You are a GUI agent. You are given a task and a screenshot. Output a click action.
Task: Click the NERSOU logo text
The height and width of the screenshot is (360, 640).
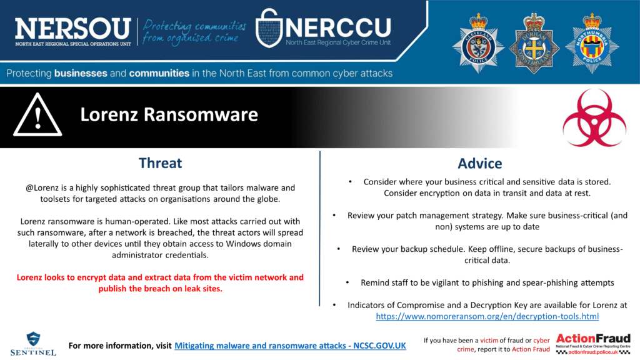pos(73,29)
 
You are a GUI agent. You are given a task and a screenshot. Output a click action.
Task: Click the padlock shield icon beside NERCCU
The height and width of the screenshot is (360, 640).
pos(269,27)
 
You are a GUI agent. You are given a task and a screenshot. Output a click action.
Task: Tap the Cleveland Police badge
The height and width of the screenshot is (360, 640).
pos(478,44)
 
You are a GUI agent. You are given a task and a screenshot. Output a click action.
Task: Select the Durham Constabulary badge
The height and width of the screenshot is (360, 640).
pos(534,44)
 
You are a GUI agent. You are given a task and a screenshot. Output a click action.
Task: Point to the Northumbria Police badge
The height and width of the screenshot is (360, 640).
pos(592,44)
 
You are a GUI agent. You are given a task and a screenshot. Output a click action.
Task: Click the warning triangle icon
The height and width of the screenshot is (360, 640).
pos(37,115)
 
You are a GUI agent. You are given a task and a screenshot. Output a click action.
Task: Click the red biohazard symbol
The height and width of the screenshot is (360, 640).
pos(594,118)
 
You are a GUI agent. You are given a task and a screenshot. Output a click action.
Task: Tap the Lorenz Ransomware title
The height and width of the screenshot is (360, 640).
pos(169,115)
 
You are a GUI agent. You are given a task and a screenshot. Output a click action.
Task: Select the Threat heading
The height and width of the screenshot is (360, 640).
pos(160,163)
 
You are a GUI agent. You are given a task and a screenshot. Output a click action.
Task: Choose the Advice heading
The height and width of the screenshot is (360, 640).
pos(479,163)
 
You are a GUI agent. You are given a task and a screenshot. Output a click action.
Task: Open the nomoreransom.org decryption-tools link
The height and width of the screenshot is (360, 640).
pos(487,316)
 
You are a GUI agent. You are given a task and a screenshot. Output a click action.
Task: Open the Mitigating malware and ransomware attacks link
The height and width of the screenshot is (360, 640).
pos(290,346)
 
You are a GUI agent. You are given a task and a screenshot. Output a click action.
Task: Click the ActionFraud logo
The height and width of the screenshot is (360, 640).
pos(593,344)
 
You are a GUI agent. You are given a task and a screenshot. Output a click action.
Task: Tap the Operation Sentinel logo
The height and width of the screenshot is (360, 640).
pos(33,344)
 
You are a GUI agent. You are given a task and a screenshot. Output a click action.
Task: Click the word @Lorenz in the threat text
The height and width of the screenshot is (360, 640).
pos(42,187)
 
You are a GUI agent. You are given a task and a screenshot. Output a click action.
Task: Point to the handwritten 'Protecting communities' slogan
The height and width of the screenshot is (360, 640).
pos(194,32)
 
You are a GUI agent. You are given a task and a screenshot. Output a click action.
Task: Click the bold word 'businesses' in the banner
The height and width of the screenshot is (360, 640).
pos(81,74)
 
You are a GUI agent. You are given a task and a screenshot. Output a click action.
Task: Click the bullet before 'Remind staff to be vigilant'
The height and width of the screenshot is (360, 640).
pos(347,282)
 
